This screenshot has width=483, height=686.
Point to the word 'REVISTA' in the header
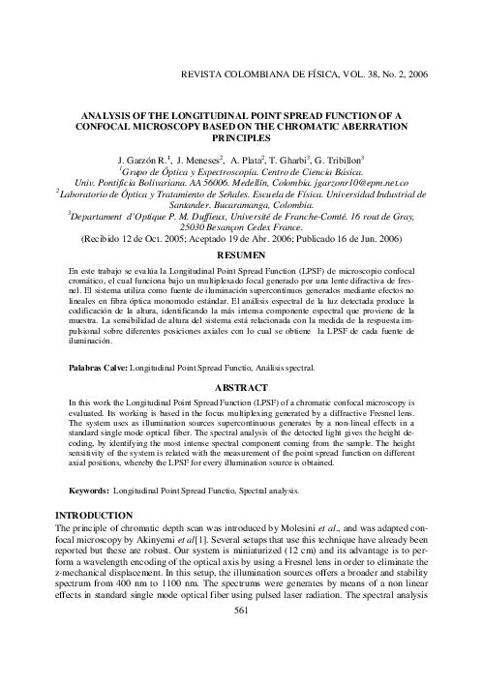(199, 74)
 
